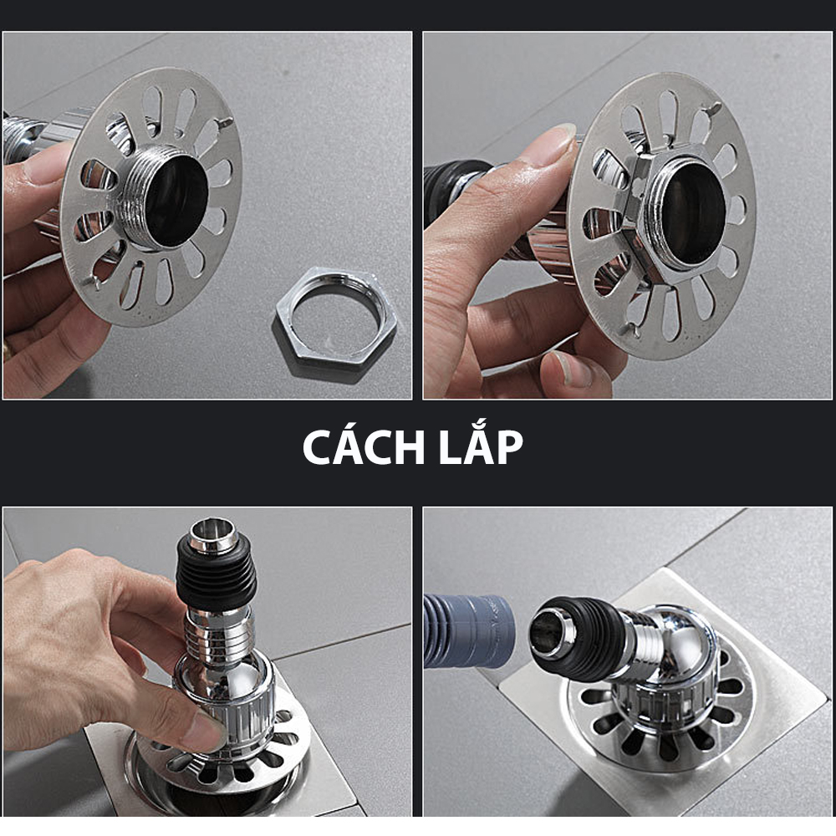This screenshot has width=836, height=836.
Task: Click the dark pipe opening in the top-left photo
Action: point(176,201)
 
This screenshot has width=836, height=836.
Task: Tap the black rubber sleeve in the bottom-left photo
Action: point(217,573)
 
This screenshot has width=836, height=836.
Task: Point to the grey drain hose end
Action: point(468,631)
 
